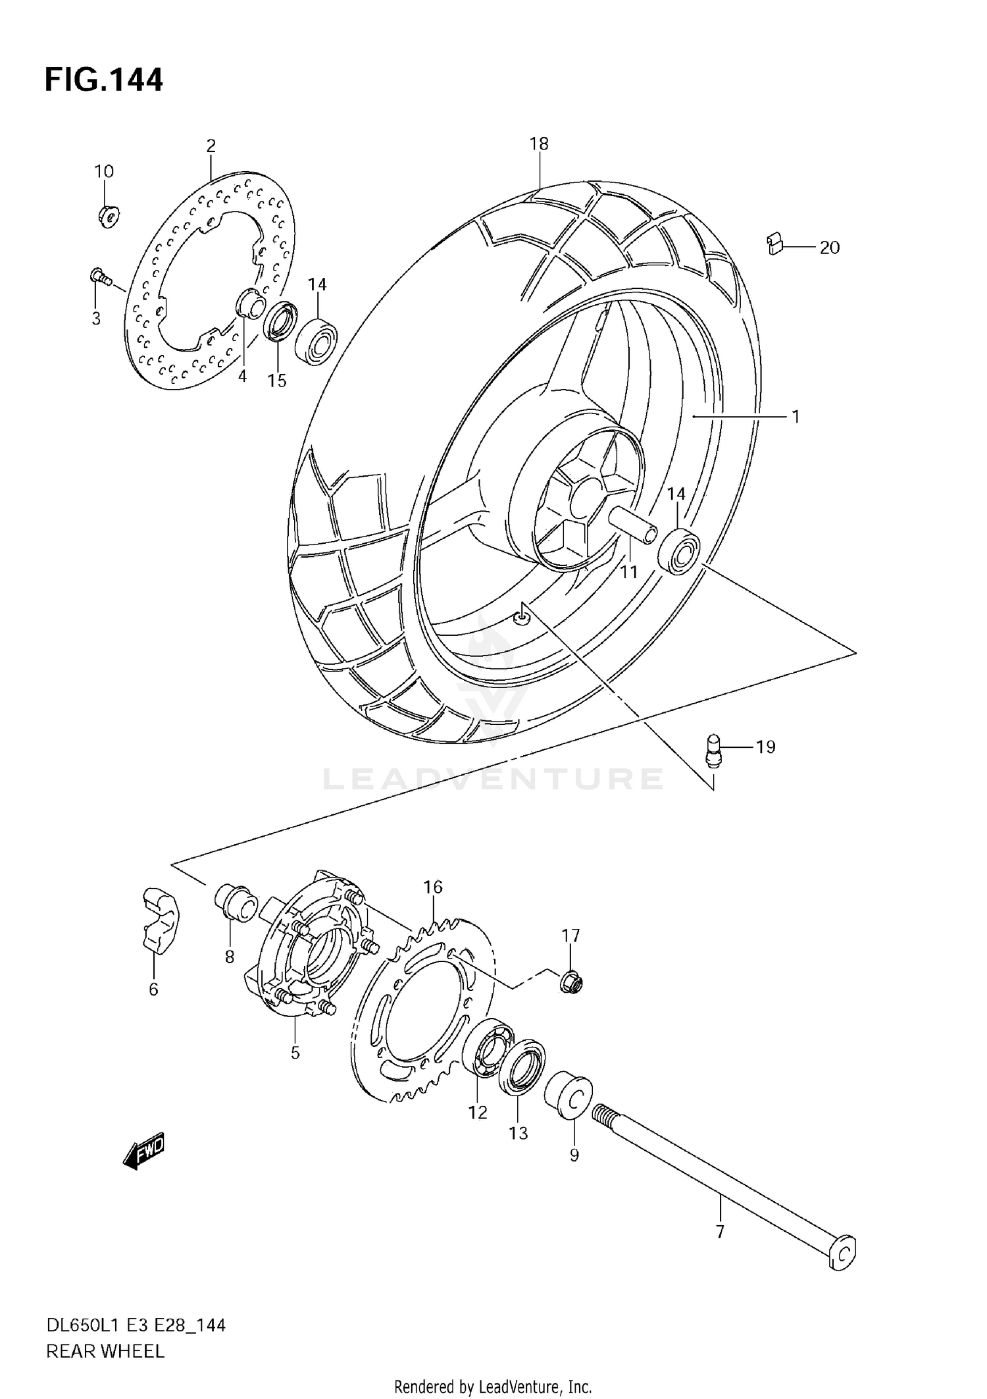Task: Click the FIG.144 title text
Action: (x=103, y=80)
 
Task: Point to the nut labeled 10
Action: (x=107, y=215)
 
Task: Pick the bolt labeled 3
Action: (x=99, y=277)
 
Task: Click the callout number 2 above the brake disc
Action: (x=211, y=145)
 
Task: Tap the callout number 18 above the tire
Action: (x=539, y=144)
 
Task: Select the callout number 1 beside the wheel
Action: (x=796, y=417)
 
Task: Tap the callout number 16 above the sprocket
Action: (x=433, y=887)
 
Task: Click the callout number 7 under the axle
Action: (x=720, y=1231)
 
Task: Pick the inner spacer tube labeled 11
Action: (x=633, y=524)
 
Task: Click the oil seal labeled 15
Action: (x=280, y=321)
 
